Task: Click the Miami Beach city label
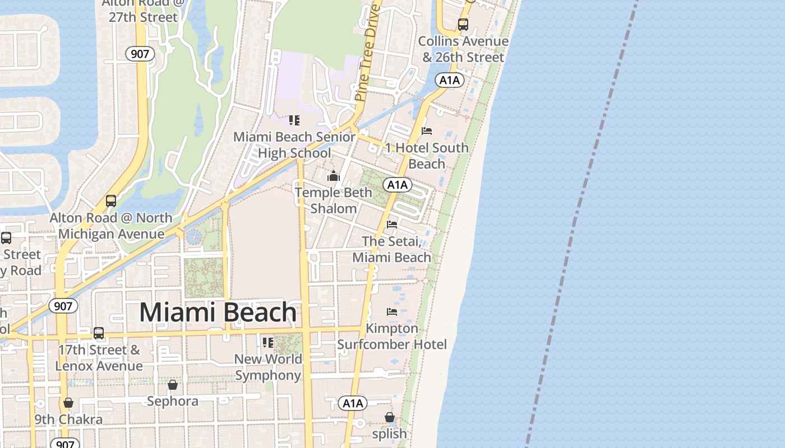(x=218, y=312)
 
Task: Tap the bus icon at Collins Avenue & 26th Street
(x=463, y=25)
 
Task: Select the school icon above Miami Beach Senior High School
(x=294, y=120)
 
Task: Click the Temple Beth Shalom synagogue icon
(x=334, y=176)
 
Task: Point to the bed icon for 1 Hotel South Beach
(x=427, y=132)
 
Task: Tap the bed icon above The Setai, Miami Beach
(x=392, y=225)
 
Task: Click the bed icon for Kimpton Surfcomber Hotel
(x=392, y=312)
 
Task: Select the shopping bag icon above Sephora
(x=173, y=385)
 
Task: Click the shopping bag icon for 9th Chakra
(x=68, y=403)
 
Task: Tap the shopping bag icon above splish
(x=390, y=417)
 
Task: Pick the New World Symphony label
(x=268, y=367)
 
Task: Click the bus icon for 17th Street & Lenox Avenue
(x=99, y=333)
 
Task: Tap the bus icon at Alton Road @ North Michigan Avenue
(x=111, y=201)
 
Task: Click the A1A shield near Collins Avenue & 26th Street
(x=449, y=80)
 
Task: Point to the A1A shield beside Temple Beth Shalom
(x=398, y=185)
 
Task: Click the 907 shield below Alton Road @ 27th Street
(x=137, y=54)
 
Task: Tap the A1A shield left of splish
(x=353, y=403)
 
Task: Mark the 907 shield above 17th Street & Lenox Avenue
(x=63, y=306)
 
